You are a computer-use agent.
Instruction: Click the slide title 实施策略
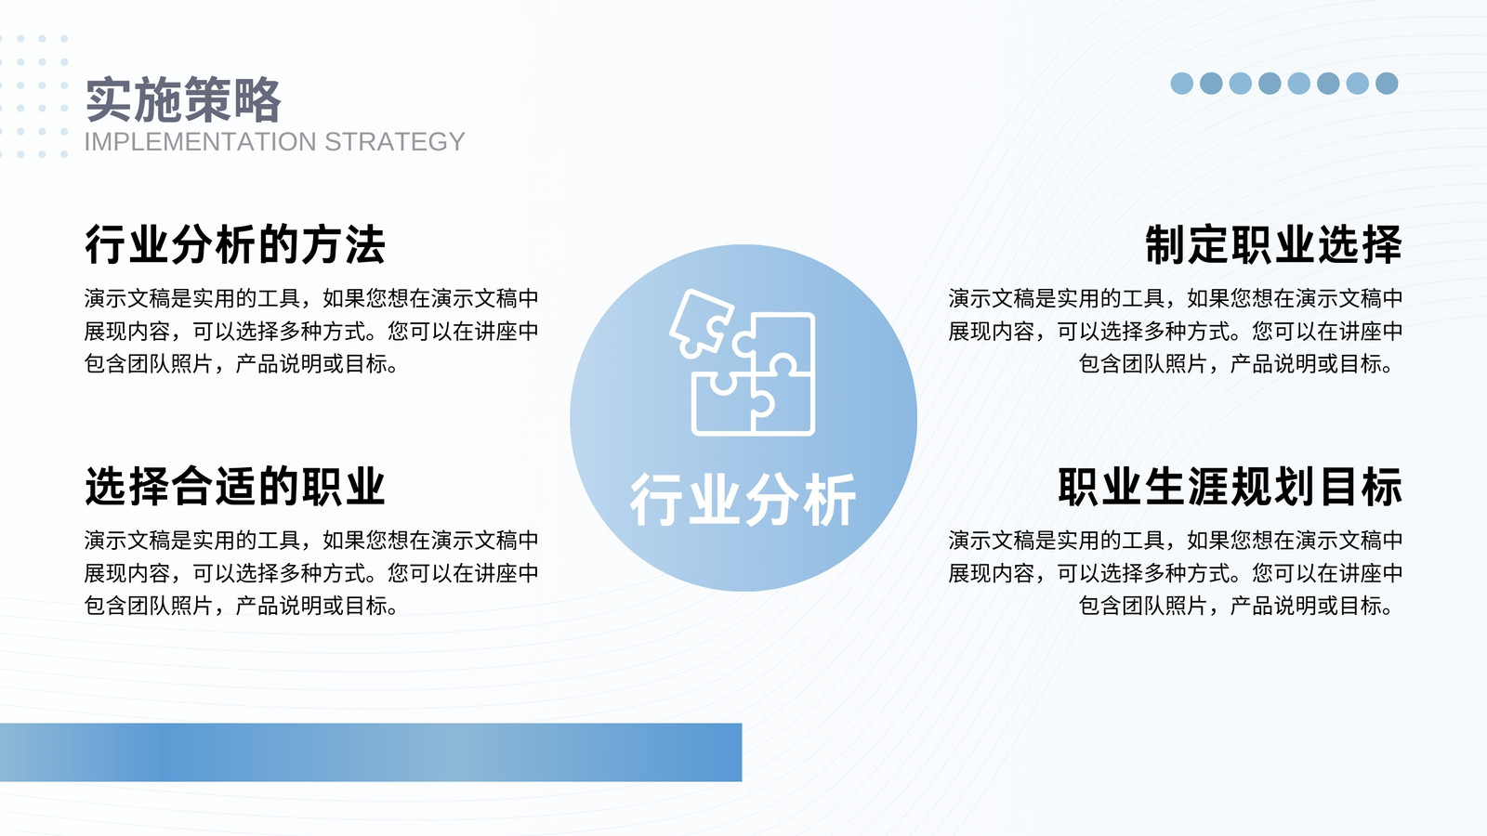(x=183, y=99)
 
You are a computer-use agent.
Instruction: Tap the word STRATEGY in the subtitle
(x=394, y=142)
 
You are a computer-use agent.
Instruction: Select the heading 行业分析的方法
(x=235, y=245)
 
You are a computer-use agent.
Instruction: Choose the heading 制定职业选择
(x=1273, y=245)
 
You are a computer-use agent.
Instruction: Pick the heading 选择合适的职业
(x=235, y=487)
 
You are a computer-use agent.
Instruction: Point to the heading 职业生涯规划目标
(x=1230, y=487)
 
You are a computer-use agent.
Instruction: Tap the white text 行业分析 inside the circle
(x=743, y=500)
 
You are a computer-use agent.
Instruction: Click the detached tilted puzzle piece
(x=701, y=322)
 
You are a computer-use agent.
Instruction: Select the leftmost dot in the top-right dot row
(x=1181, y=84)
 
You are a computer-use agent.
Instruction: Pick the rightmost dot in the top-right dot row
(x=1387, y=84)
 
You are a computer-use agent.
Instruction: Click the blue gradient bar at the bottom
(x=371, y=752)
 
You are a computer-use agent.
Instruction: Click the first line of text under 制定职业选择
(x=1175, y=298)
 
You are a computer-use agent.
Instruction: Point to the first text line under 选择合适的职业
(x=311, y=540)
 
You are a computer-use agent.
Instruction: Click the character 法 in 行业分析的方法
(x=364, y=245)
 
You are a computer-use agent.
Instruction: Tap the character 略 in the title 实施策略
(x=258, y=99)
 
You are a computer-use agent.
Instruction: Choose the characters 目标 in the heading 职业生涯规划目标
(x=1361, y=487)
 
